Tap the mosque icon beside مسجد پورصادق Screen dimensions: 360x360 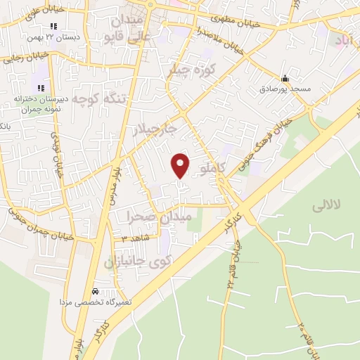coord(284,79)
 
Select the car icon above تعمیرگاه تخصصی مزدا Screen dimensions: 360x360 coord(95,290)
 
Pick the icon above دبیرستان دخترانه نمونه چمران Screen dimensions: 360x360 coord(41,88)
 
